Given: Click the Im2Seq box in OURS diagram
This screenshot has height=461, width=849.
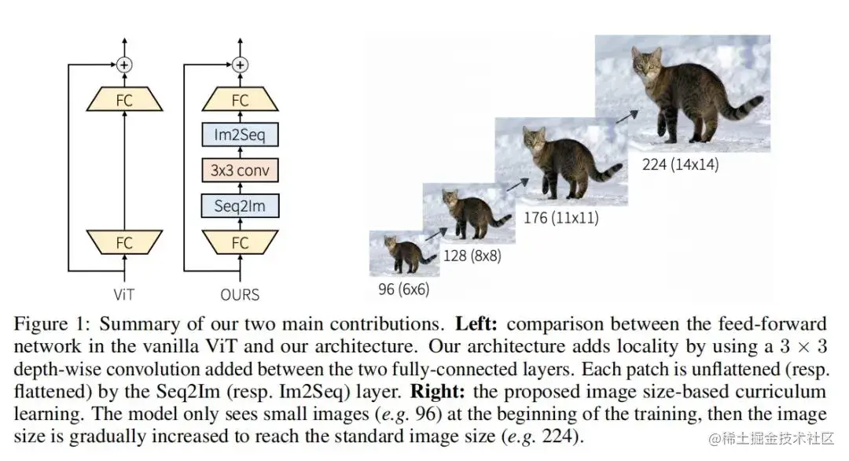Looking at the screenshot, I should pos(241,135).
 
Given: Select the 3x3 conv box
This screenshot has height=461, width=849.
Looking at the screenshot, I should pos(241,170).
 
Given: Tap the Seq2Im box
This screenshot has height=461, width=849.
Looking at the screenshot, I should pos(241,206).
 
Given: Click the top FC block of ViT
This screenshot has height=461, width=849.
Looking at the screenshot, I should pos(124,100).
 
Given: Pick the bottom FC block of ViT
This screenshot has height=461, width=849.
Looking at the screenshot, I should pos(124,242).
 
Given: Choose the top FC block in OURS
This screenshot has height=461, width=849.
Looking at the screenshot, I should pos(241,100).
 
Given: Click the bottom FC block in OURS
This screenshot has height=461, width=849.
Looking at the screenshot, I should pos(241,242).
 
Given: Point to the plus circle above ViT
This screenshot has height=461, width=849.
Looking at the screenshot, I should pos(124,65).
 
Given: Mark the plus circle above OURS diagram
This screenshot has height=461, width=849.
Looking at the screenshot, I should pos(241,65).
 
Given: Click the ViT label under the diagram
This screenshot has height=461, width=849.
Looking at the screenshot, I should pos(124,294).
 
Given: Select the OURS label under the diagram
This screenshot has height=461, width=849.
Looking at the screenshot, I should pos(241,295).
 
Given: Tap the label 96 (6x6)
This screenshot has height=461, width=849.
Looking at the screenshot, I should pos(403,289).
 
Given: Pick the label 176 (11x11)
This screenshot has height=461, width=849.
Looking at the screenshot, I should pos(560,217).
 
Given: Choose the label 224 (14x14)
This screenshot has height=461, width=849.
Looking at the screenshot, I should pos(680,164).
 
